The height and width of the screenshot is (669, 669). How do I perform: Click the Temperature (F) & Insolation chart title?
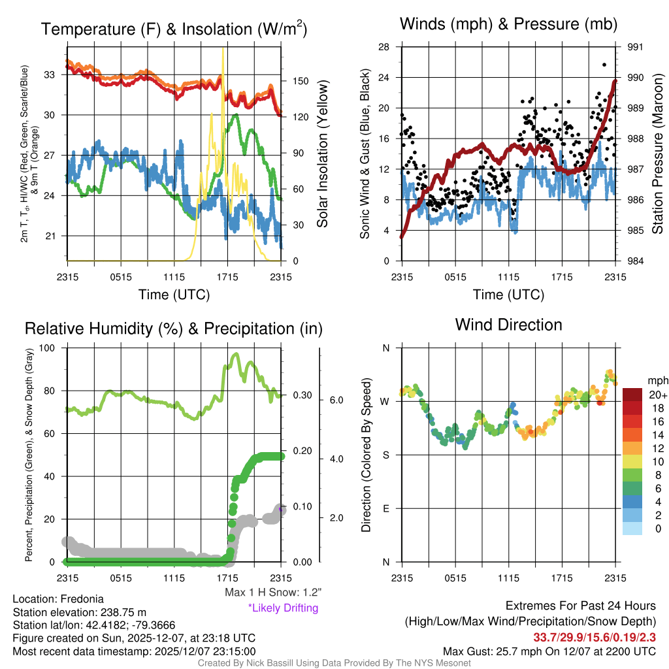coord(174,29)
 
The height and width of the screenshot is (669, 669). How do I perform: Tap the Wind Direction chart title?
coord(508,324)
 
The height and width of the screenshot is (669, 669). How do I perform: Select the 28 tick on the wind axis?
coord(384,47)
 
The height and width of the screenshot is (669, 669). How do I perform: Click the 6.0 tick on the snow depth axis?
coord(336,399)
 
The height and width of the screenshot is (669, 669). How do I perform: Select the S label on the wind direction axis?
coord(385,455)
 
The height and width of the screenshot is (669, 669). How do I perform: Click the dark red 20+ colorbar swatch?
coord(634,395)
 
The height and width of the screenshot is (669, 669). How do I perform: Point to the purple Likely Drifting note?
coord(283,608)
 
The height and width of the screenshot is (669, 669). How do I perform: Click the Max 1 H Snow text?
coord(272,593)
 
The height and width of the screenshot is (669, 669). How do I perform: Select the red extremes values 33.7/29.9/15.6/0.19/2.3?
coord(595,637)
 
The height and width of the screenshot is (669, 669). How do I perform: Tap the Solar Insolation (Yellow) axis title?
coord(322,154)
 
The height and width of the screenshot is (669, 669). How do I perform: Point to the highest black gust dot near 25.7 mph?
coord(604,65)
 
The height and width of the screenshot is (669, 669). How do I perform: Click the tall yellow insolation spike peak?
coord(223,49)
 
